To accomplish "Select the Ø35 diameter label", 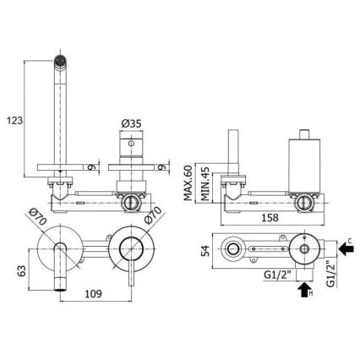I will click(x=131, y=123).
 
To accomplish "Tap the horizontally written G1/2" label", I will click(x=275, y=274).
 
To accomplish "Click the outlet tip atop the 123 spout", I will click(x=58, y=60).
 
